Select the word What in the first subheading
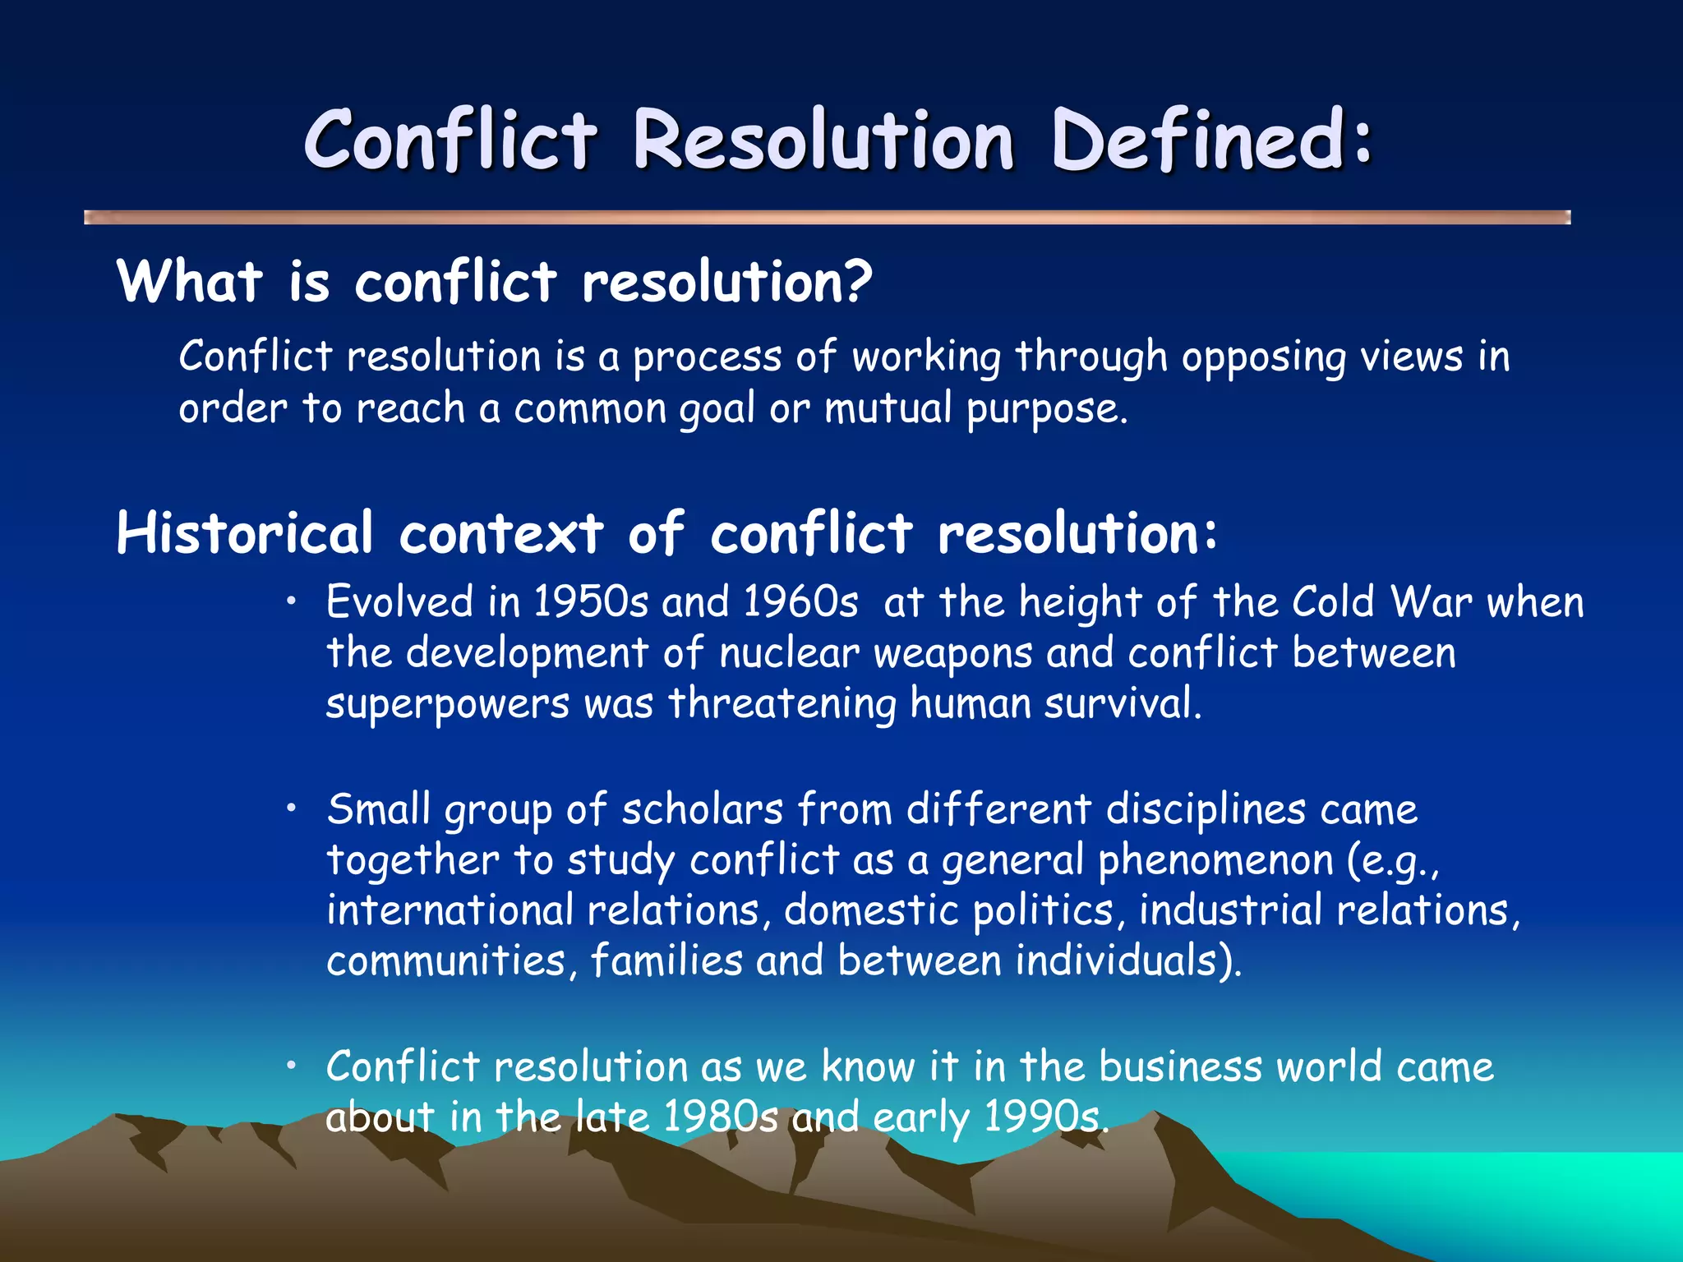[190, 282]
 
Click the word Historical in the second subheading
[245, 533]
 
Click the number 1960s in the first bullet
[800, 601]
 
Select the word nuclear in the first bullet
[789, 653]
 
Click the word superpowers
[447, 705]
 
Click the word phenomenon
[1215, 860]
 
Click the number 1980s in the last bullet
[720, 1117]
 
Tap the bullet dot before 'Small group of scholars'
[291, 809]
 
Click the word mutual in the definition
[888, 408]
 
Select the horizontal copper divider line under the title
[827, 217]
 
